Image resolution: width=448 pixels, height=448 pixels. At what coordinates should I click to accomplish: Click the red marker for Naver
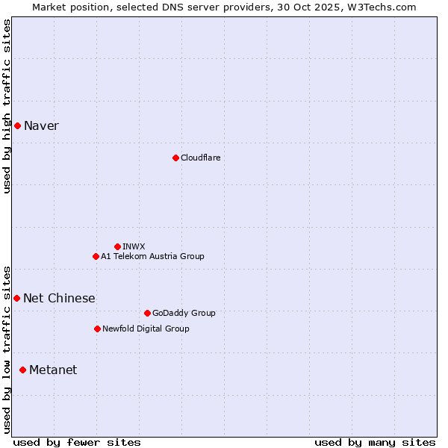coord(17,125)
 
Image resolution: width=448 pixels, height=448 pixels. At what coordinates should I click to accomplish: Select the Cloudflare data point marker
coord(175,158)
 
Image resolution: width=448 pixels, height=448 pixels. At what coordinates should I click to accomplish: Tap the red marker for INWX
coord(117,246)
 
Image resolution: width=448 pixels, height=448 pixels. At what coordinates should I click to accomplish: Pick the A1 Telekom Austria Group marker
coord(96,256)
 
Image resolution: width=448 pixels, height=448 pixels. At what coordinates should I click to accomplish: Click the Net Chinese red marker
coord(17,298)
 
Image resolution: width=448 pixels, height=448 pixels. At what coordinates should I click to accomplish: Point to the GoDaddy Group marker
coord(147,313)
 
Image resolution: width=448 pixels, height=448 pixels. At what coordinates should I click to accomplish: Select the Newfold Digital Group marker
coord(97,329)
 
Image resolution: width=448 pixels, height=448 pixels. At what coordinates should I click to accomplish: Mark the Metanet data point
coord(23,370)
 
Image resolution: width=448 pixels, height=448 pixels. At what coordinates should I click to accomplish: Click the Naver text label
coord(41,125)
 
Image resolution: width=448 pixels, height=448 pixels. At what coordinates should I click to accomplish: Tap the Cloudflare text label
coord(200,158)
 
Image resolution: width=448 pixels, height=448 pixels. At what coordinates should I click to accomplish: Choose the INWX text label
coord(134,246)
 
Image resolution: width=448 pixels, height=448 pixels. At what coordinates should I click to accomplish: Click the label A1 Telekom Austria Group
coord(152,256)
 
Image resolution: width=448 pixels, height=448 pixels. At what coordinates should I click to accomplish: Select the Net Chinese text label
coord(59,298)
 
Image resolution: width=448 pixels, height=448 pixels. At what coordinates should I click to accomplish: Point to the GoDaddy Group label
coord(183,313)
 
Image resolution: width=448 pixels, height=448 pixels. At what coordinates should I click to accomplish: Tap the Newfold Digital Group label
coord(146,329)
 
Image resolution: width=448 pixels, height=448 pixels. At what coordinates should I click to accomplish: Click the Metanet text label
coord(53,370)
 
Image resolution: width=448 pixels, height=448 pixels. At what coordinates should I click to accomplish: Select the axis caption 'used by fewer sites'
coord(77,442)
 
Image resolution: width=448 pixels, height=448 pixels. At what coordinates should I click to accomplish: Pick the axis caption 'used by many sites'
coord(375,442)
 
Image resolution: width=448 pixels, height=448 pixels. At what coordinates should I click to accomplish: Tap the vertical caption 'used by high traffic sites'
coord(7,106)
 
